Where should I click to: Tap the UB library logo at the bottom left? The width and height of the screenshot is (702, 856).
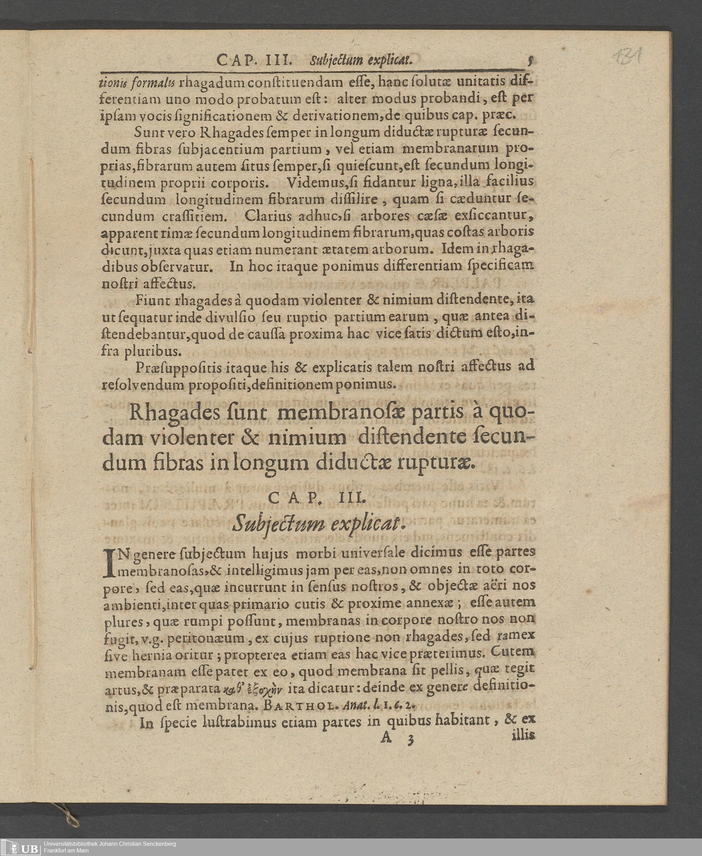pyautogui.click(x=20, y=847)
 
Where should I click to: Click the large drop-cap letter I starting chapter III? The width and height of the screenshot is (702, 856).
pyautogui.click(x=111, y=563)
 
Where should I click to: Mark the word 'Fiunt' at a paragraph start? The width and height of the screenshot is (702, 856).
pyautogui.click(x=152, y=300)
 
